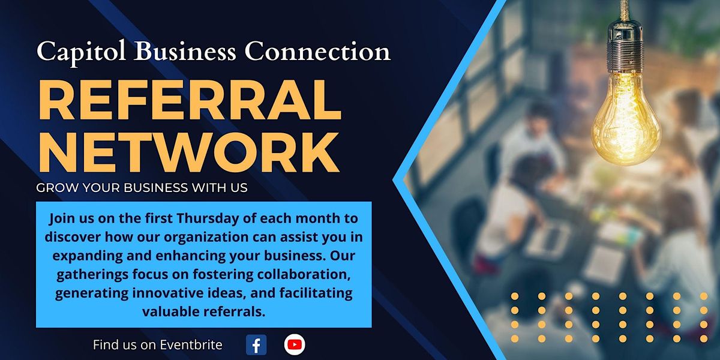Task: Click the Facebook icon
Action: (256, 344)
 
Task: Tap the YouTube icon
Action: (295, 344)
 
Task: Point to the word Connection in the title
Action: (317, 52)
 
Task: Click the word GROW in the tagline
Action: (55, 188)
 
